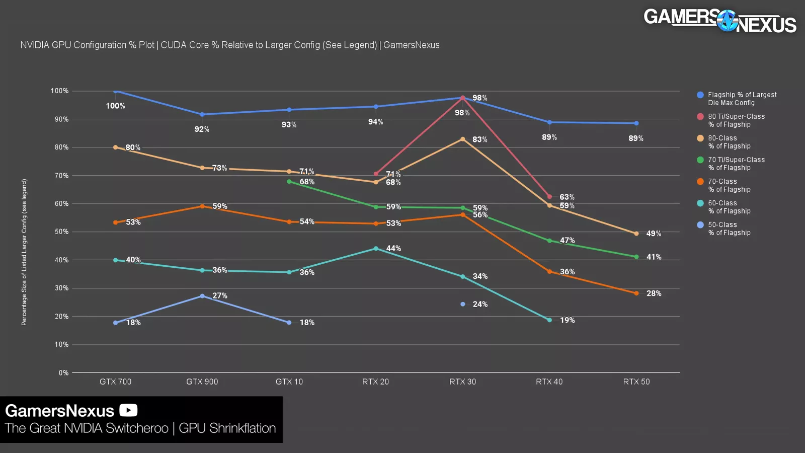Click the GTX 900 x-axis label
tap(202, 382)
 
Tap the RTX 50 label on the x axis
tap(636, 382)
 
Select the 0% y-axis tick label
tap(63, 373)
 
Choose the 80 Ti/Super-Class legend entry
tap(736, 120)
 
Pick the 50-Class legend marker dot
tap(700, 225)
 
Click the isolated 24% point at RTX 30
tap(462, 304)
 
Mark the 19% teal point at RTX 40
tap(549, 320)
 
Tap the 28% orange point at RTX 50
tap(636, 293)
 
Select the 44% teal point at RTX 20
tap(376, 249)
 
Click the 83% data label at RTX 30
tap(479, 139)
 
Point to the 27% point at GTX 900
tap(202, 296)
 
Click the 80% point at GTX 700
tap(116, 147)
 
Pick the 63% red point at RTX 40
tap(549, 197)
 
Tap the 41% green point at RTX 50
tap(636, 257)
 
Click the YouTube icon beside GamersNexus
tap(128, 411)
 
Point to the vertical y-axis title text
tap(24, 252)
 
